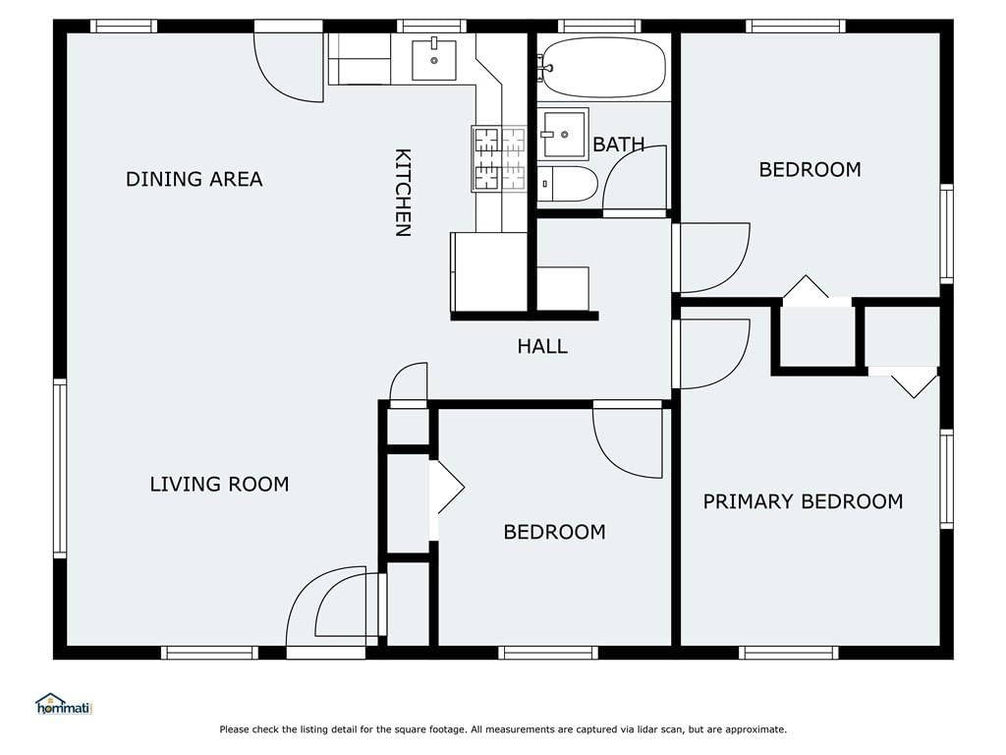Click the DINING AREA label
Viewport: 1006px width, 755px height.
tap(194, 179)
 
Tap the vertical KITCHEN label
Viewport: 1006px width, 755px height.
tap(402, 193)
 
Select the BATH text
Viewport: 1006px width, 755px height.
tap(619, 145)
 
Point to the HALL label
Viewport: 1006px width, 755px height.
tap(542, 347)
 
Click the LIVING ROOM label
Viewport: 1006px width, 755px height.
tap(219, 484)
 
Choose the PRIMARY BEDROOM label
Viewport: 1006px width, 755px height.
tap(804, 501)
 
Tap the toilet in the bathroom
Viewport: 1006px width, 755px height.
tap(567, 184)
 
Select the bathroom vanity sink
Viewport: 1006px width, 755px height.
tap(563, 134)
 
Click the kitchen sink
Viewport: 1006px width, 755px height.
tap(433, 60)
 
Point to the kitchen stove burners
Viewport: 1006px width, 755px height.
tap(499, 158)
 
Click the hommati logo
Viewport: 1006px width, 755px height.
tap(64, 704)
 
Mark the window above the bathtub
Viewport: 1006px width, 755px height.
tap(599, 27)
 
